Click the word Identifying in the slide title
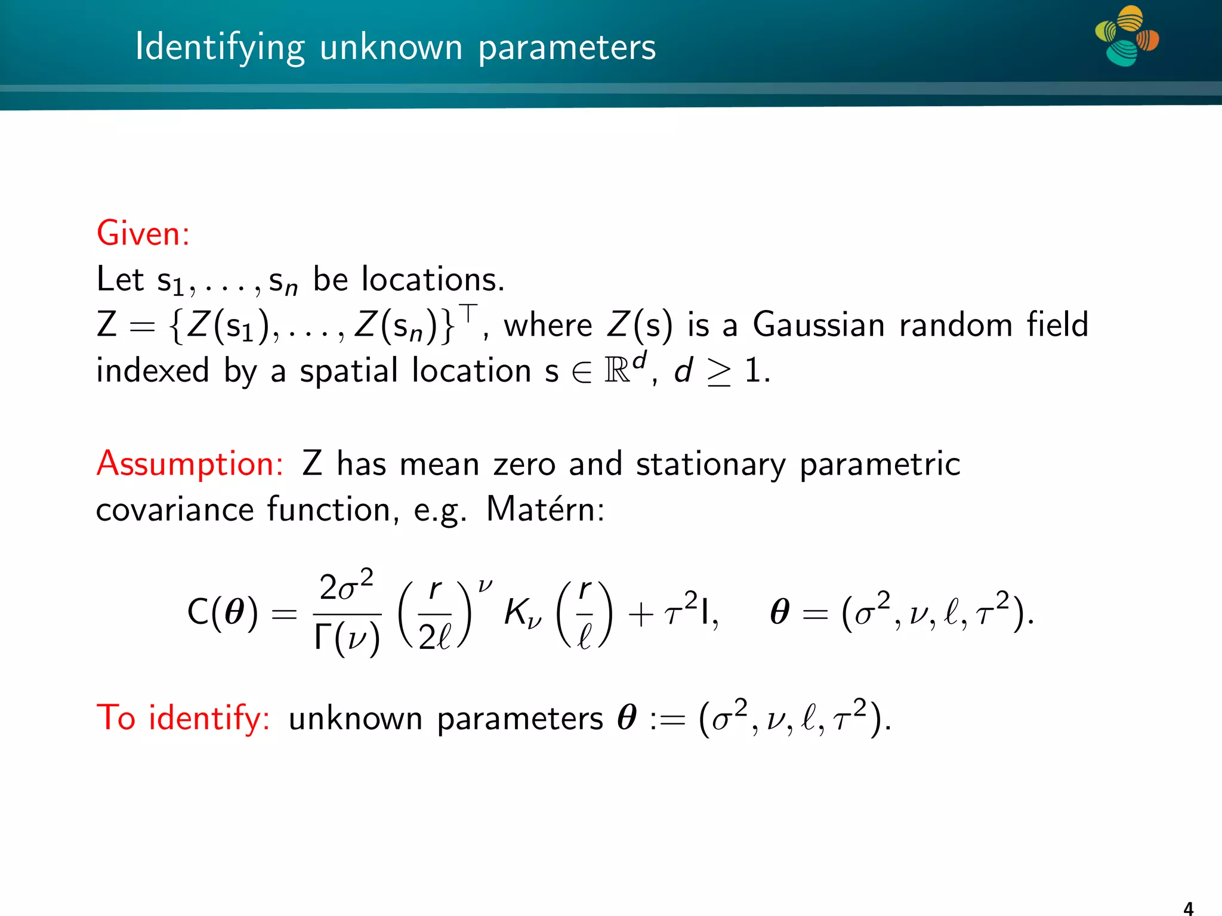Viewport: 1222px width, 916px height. tap(220, 48)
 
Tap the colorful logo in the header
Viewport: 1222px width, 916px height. tap(1127, 36)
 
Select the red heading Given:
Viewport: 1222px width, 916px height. tap(143, 233)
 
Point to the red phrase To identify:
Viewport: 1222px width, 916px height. tap(183, 717)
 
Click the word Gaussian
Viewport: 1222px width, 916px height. tap(819, 325)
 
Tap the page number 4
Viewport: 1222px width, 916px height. tap(1188, 908)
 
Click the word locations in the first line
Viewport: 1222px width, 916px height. tap(433, 279)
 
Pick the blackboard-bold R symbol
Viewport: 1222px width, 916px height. tap(617, 371)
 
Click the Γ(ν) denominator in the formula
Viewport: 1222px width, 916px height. tap(347, 638)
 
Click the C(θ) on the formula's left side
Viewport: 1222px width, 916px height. tap(223, 612)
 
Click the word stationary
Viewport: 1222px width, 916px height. tap(711, 463)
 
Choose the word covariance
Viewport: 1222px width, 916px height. tap(175, 509)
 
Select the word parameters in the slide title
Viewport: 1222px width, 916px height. tap(567, 48)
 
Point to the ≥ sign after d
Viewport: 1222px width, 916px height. tap(718, 372)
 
